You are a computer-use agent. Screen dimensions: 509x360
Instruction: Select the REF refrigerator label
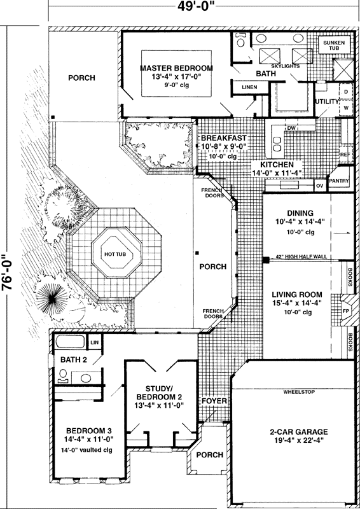click(x=346, y=154)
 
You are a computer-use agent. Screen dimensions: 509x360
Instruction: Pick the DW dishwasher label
click(x=291, y=128)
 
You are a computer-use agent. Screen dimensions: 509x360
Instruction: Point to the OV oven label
click(x=319, y=186)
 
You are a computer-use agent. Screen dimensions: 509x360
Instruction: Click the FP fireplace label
click(x=346, y=311)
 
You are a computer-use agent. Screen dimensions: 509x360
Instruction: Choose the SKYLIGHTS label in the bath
click(x=285, y=66)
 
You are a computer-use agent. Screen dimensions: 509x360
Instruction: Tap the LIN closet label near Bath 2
click(x=95, y=342)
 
